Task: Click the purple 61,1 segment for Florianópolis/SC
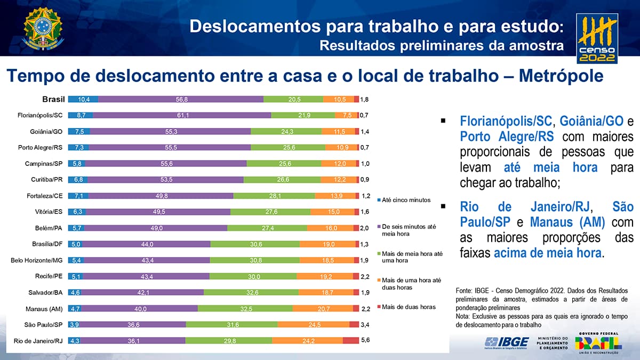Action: pos(182,115)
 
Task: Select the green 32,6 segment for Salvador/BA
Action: pos(250,292)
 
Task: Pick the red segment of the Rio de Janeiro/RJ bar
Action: pos(350,340)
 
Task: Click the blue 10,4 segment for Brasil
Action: pos(83,99)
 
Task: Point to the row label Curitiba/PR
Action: pos(45,180)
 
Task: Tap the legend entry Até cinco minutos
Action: pos(406,200)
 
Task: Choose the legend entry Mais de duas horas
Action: pos(409,307)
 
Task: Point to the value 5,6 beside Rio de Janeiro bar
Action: pos(365,340)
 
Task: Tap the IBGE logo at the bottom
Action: pos(506,342)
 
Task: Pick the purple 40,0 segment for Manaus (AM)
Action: pos(140,308)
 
